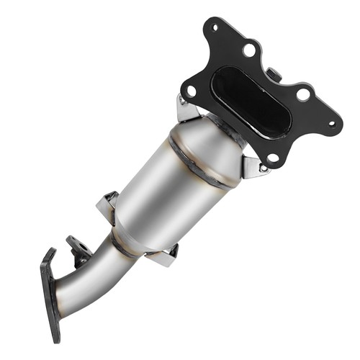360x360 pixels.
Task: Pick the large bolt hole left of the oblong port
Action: [x=192, y=91]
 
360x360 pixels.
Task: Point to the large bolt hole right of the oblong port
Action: [x=303, y=94]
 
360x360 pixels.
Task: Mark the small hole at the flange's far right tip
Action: [x=332, y=123]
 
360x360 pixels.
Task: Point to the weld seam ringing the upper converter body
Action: [x=204, y=163]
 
